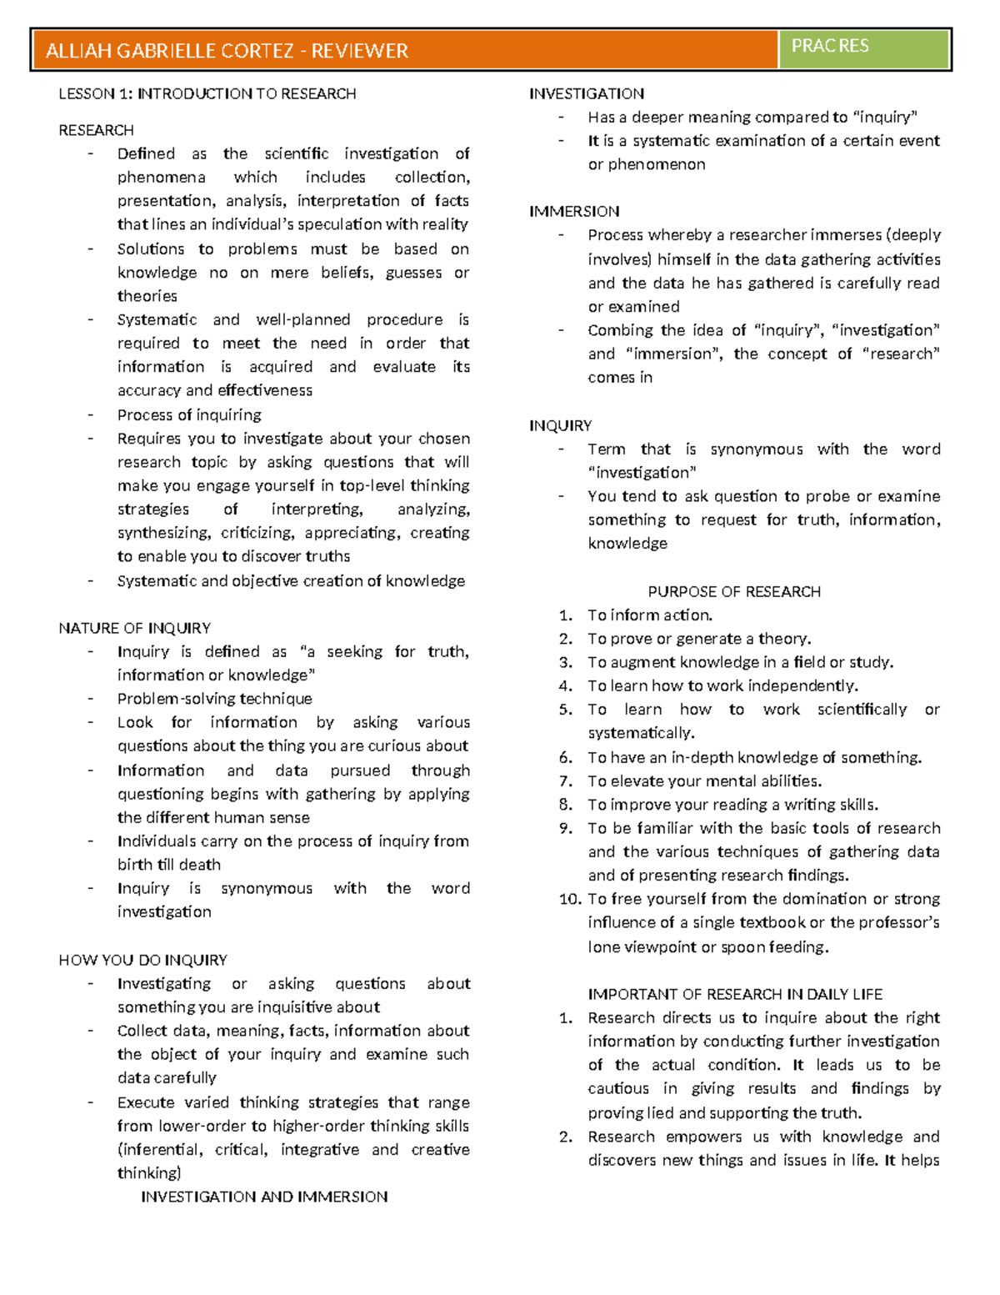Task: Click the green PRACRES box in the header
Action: coord(863,48)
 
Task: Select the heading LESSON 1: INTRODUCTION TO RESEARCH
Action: coord(207,94)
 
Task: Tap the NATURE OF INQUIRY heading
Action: coord(134,628)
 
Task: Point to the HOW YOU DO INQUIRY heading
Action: coord(142,960)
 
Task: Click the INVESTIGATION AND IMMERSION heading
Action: coord(264,1197)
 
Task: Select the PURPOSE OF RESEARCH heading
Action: coord(734,591)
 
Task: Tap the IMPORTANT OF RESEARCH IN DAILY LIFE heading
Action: coord(735,994)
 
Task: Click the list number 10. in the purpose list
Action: coord(570,899)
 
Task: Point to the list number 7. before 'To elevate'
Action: coord(566,781)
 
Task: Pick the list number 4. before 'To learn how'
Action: coord(566,686)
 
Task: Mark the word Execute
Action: coord(146,1102)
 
